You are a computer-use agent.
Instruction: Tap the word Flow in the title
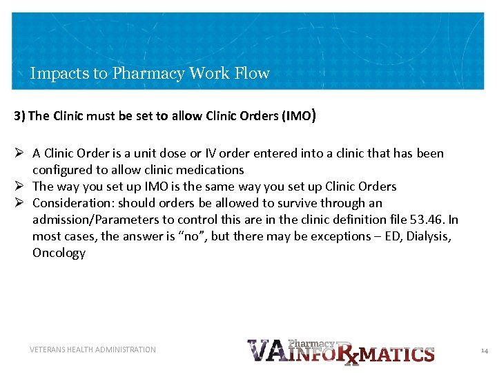(x=253, y=73)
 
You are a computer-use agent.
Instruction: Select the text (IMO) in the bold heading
(x=299, y=115)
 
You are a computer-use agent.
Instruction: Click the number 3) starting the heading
(x=19, y=116)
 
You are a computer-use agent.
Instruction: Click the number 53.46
(x=427, y=220)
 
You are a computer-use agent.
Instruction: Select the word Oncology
(x=59, y=253)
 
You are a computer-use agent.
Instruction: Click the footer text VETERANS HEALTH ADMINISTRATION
(x=92, y=350)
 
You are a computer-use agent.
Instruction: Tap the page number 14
(x=484, y=351)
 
